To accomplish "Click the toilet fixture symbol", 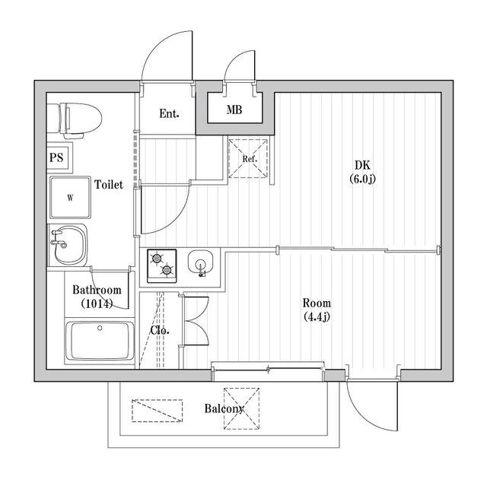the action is [x=75, y=120].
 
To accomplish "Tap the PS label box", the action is [x=59, y=157].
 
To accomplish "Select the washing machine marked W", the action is [x=71, y=198].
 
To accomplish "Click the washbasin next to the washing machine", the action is [x=68, y=245].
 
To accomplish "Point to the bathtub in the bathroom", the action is [x=100, y=342].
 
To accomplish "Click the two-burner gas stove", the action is [x=161, y=265].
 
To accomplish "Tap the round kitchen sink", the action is [x=201, y=264].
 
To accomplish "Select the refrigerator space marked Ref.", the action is [x=248, y=158].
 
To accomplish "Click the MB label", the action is [x=234, y=110].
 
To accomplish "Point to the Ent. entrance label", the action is [x=169, y=113].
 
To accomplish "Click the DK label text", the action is [x=362, y=166].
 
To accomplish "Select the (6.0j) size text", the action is [x=362, y=180].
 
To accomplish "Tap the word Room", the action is [x=317, y=303].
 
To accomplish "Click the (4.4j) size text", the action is [x=317, y=316].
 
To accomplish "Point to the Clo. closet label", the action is [x=160, y=330].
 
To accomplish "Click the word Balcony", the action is [x=224, y=408].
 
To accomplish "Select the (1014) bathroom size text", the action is [x=97, y=304].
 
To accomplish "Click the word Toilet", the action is [x=109, y=184].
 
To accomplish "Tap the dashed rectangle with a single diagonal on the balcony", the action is [x=158, y=411].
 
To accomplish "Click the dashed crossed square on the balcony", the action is [x=242, y=408].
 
